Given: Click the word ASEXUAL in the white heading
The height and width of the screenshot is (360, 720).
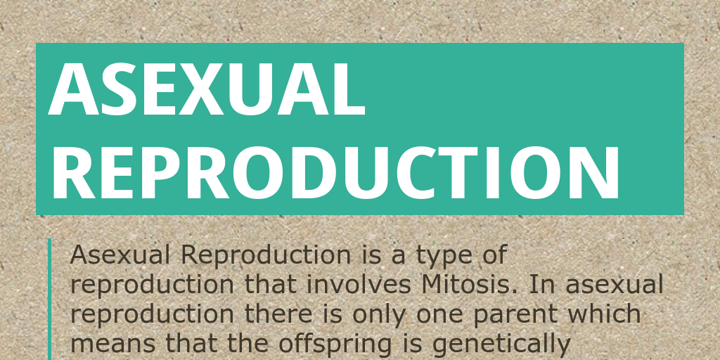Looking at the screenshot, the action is (x=207, y=89).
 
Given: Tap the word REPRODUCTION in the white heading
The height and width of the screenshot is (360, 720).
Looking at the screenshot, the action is (x=336, y=173).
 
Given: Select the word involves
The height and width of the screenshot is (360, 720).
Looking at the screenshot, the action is (x=359, y=285).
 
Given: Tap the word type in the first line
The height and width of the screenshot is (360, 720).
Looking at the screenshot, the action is (x=444, y=256).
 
